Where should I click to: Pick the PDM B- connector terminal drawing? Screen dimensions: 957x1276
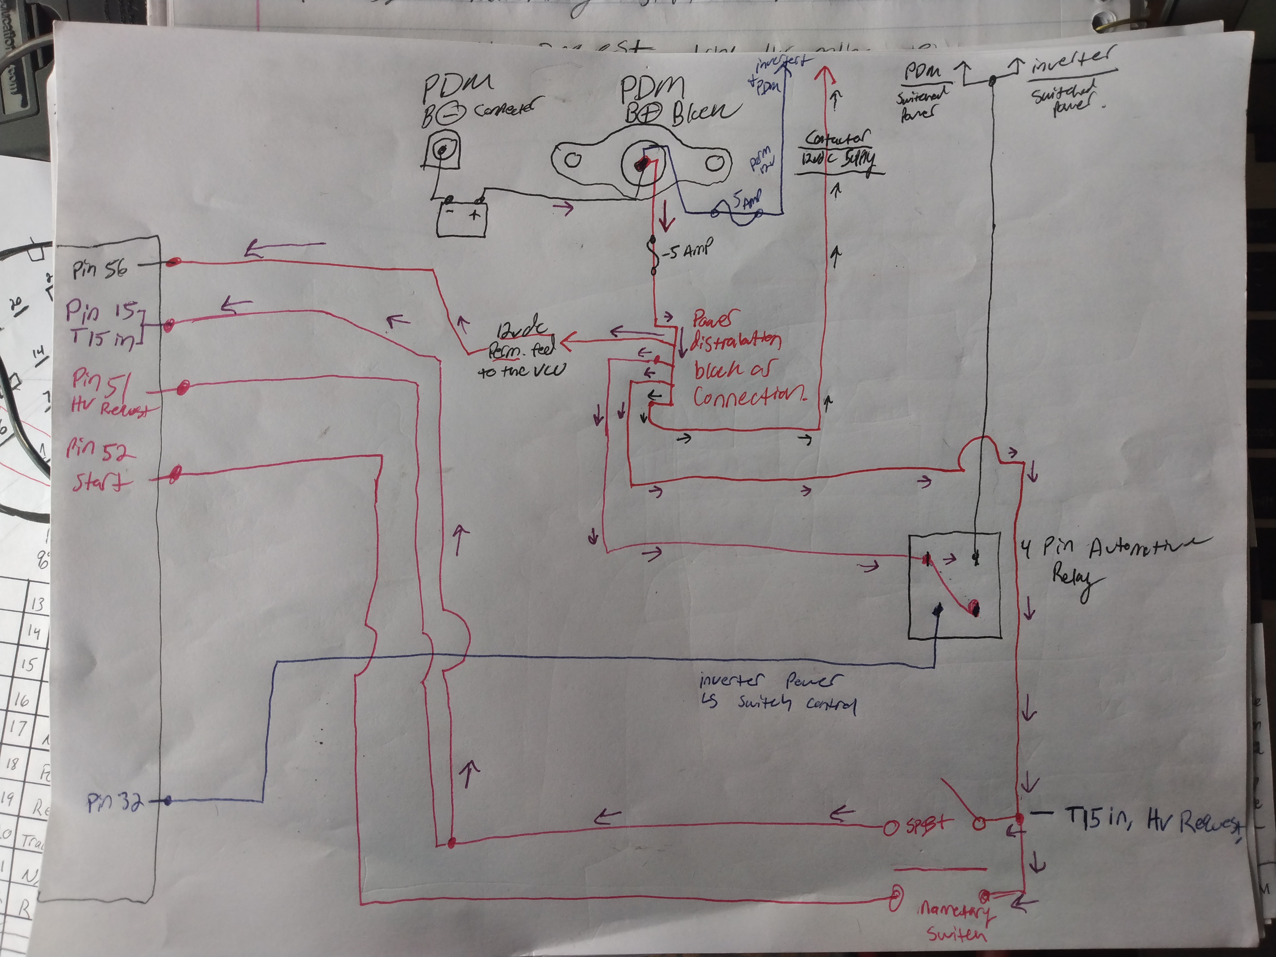pos(442,152)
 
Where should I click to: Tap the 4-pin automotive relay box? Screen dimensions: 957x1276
pos(954,586)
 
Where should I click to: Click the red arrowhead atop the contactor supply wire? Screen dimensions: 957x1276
pos(824,75)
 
